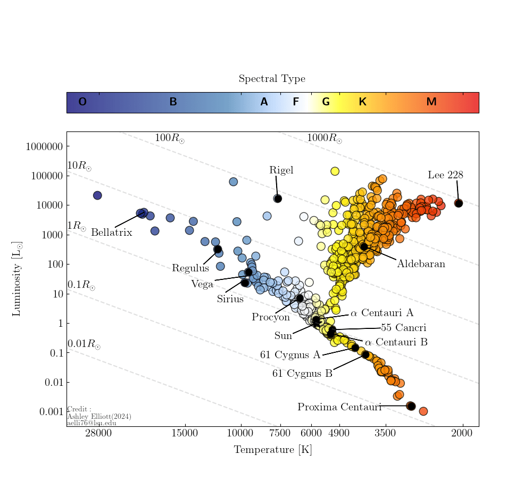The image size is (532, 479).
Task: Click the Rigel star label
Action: [281, 170]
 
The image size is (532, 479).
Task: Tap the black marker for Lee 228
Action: [459, 203]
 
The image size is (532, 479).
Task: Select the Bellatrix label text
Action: [111, 233]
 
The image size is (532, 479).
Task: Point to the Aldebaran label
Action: [421, 264]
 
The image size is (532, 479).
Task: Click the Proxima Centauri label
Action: [339, 407]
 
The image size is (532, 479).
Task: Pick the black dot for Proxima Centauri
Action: [411, 406]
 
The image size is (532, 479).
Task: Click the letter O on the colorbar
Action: [82, 102]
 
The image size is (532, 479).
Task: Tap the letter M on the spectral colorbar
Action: [431, 102]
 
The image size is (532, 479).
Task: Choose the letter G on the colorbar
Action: [326, 102]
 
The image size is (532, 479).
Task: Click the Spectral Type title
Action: [272, 79]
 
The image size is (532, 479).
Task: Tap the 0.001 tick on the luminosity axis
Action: [52, 412]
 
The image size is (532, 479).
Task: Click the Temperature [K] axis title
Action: [272, 450]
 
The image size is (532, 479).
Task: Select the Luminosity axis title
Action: [17, 279]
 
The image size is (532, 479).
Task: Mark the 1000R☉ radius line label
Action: [324, 138]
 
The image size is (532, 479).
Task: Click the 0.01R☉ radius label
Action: [84, 344]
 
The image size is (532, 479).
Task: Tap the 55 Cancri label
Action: [403, 328]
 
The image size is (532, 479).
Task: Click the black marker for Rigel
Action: [278, 199]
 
